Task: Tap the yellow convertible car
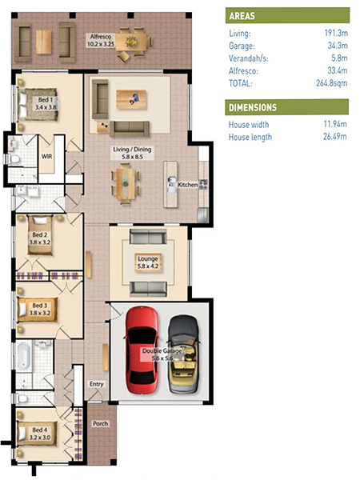184,354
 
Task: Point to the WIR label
47,157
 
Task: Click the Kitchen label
188,185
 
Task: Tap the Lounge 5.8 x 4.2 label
148,262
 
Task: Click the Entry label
97,384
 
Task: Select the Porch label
101,424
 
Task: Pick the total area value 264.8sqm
331,83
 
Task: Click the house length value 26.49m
335,136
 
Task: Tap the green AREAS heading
242,16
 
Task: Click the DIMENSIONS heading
253,107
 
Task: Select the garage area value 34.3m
338,46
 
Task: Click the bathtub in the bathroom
24,356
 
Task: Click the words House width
249,124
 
